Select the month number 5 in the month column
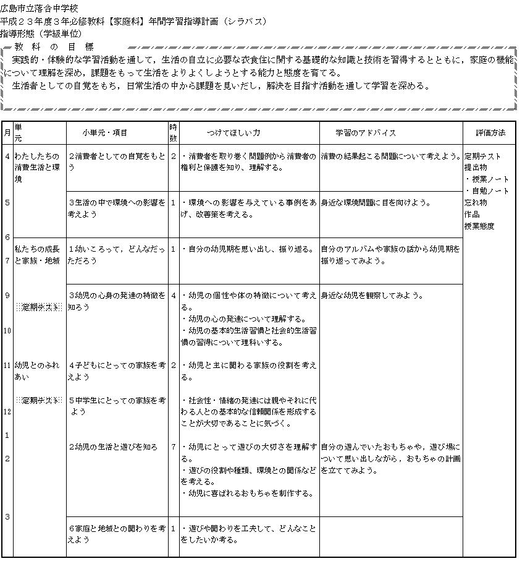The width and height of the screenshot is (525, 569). coord(7,202)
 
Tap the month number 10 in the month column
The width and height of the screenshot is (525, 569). coord(7,331)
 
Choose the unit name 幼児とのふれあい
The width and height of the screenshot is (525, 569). coord(37,370)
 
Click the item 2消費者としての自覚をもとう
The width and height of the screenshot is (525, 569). coord(117,161)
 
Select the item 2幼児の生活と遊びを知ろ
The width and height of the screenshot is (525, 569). coord(113,447)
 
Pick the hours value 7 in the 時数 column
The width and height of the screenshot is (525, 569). coord(174,447)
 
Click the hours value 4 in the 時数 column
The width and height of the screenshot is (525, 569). coord(174,296)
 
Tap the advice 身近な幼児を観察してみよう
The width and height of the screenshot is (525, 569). coord(372,296)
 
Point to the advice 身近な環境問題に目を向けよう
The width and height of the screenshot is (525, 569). coord(376,203)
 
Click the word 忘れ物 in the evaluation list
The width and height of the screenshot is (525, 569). coord(476,203)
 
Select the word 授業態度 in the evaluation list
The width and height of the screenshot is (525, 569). coord(479,226)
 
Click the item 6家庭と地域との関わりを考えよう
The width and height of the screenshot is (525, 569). coord(117,534)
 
